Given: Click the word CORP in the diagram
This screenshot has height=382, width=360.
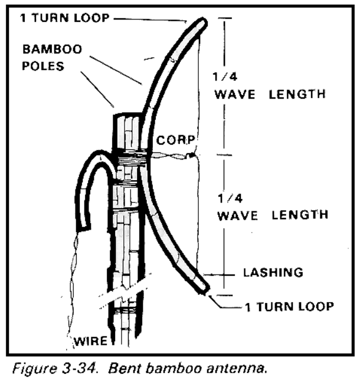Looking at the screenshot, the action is point(176,140).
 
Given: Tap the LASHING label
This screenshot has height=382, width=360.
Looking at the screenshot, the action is point(273,272).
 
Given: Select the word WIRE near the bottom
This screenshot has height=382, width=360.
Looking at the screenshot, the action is point(91,341).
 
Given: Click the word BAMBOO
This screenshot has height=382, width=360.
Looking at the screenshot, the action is point(53,49).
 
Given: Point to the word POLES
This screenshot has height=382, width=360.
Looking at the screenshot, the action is point(43,66).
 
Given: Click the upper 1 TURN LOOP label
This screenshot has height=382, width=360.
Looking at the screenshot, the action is point(65,18).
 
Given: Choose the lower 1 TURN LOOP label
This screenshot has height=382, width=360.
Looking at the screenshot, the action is point(289,306).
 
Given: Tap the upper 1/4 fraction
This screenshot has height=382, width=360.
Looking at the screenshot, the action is point(225,77).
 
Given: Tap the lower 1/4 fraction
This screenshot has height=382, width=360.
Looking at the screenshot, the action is point(230,198).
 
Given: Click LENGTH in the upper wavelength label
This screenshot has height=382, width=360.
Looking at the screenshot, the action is point(297,94).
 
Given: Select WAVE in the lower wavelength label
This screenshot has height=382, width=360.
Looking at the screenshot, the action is point(237,216).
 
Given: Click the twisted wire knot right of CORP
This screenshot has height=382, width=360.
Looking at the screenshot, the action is point(191,155).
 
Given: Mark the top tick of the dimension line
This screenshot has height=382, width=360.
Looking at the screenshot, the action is point(225,18).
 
